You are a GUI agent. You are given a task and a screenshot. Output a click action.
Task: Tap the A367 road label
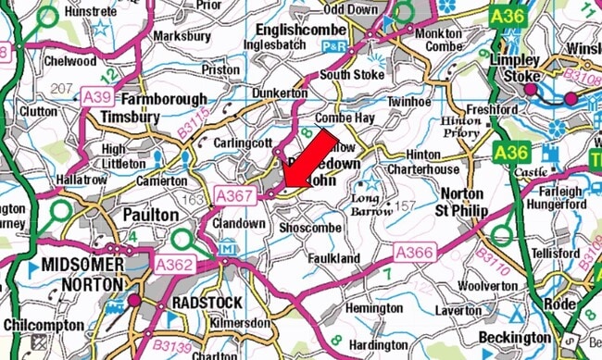pyautogui.click(x=233, y=195)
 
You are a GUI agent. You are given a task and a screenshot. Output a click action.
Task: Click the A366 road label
pyautogui.click(x=415, y=252)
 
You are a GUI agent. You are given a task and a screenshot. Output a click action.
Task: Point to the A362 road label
pyautogui.click(x=172, y=266)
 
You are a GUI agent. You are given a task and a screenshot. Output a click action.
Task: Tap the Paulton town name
pyautogui.click(x=149, y=214)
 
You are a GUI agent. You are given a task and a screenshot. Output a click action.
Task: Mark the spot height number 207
pyautogui.click(x=61, y=89)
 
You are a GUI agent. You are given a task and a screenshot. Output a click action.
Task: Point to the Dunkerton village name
pyautogui.click(x=281, y=93)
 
